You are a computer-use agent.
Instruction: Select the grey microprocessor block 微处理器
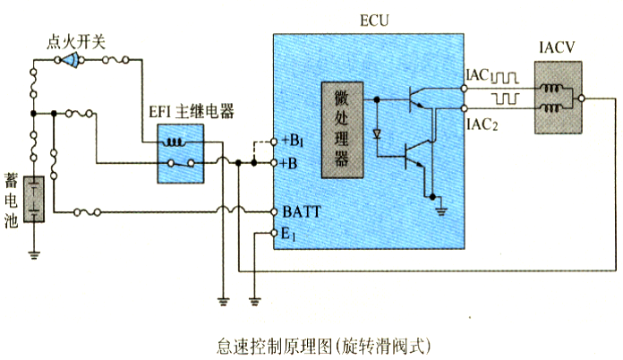pos(341,127)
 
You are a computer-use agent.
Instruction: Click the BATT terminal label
pos(302,212)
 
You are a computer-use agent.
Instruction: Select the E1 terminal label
pos(289,234)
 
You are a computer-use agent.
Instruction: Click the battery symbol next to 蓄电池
pos(33,199)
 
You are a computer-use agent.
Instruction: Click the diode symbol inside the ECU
pos(377,134)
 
